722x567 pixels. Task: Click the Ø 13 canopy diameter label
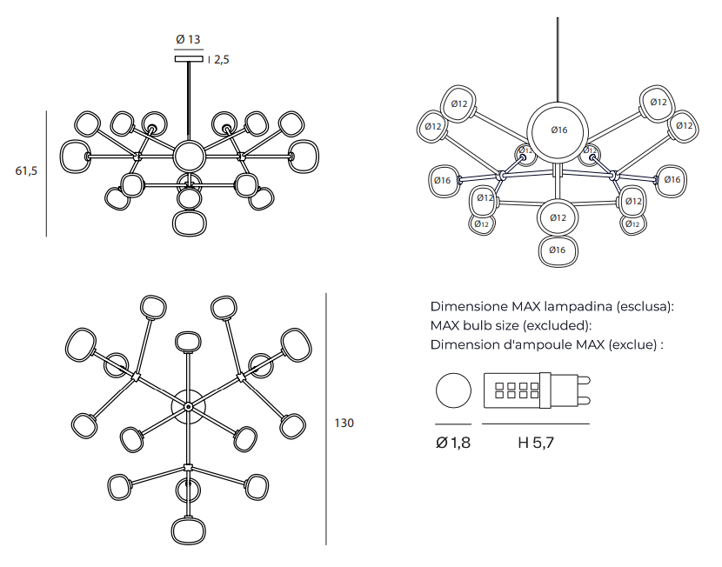188,39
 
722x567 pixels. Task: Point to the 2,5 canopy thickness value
221,60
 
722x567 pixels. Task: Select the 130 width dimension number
344,424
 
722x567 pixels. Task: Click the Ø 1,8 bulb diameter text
452,443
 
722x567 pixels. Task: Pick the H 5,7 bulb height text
536,443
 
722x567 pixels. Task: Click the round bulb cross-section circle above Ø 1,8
452,390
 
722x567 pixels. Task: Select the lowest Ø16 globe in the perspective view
558,250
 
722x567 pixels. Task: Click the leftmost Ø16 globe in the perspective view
443,181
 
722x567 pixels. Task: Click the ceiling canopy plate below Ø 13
189,59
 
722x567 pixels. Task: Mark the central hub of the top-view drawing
187,406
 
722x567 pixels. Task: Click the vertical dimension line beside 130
326,418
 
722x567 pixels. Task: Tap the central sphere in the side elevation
188,157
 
